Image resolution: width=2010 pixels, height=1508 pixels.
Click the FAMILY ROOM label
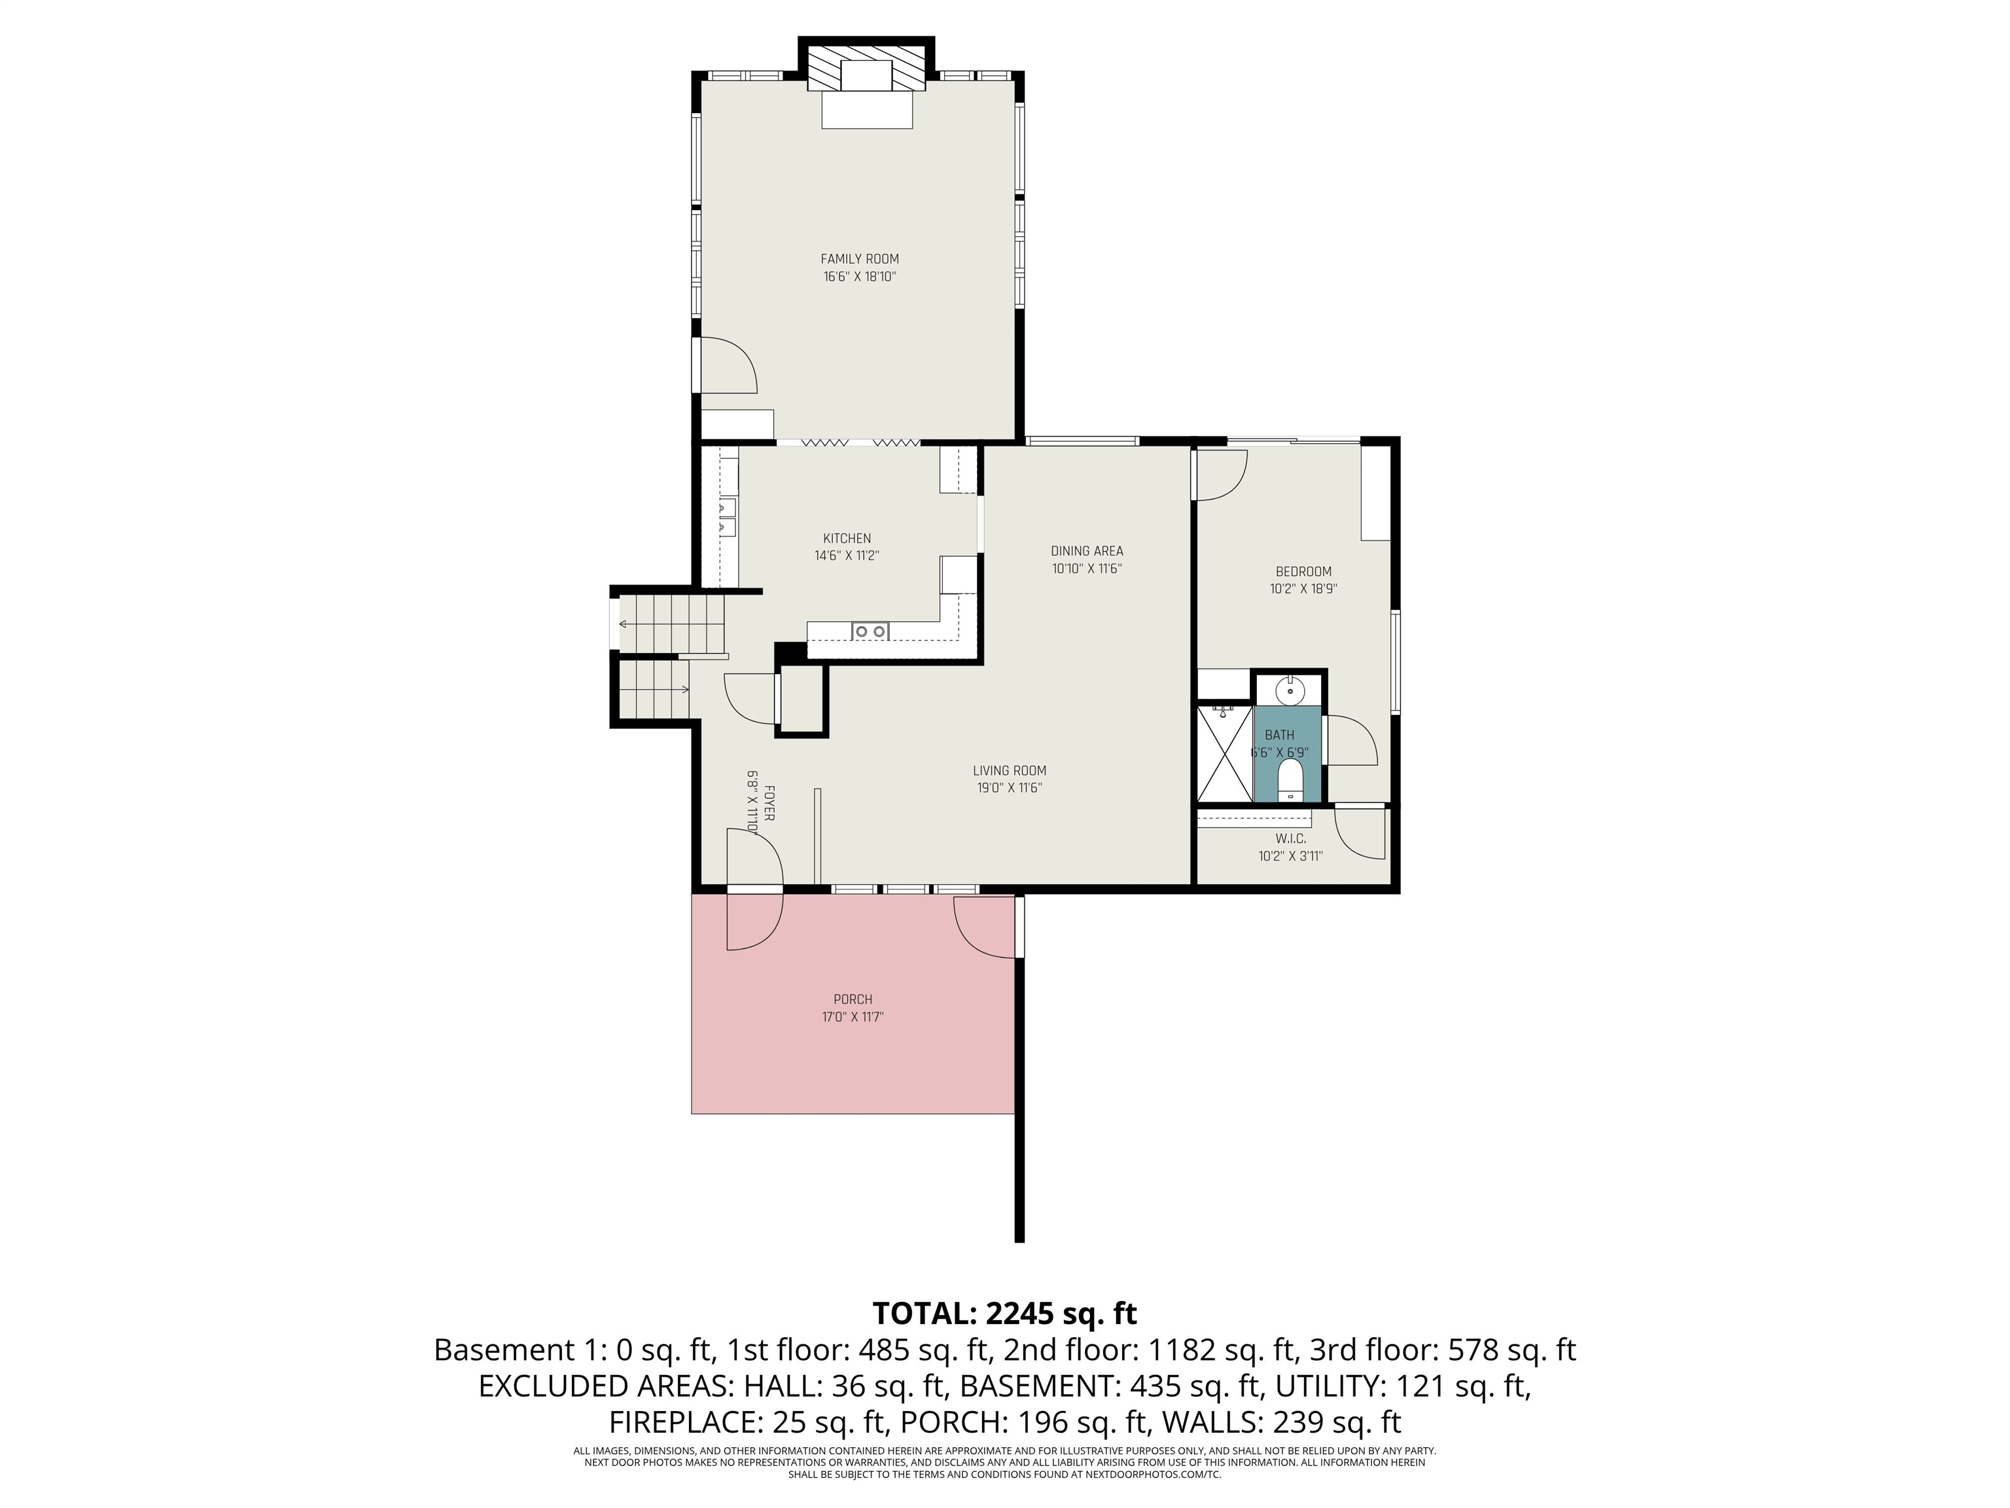click(x=860, y=259)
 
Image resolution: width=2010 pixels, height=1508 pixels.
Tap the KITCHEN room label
click(x=847, y=538)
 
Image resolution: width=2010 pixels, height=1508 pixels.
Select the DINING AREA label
click(x=1087, y=551)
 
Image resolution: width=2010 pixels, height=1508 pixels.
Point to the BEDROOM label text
click(x=1303, y=572)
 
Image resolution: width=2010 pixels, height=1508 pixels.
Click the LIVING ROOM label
click(x=1010, y=771)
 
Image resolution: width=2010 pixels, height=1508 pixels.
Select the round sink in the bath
click(x=1290, y=691)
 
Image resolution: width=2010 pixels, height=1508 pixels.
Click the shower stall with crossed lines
click(x=1225, y=753)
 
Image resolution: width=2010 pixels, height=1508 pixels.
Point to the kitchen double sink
click(x=870, y=631)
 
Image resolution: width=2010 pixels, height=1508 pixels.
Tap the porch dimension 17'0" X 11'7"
click(x=853, y=1017)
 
